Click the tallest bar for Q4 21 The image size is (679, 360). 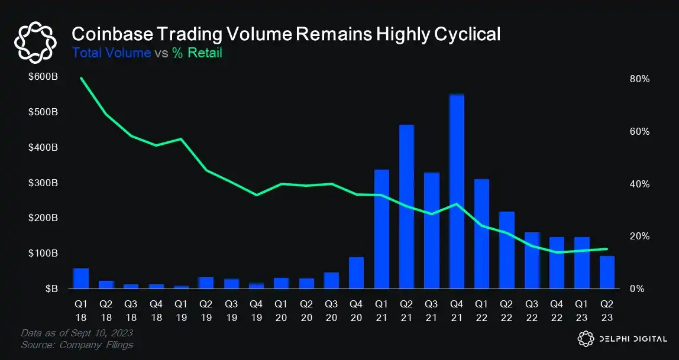pos(457,192)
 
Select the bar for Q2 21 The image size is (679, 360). pos(406,207)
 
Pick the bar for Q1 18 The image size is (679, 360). pos(80,278)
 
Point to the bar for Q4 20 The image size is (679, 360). pos(356,273)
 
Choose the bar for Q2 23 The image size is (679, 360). pos(607,273)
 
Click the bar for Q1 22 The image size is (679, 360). pos(481,234)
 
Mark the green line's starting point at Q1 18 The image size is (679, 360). pos(80,78)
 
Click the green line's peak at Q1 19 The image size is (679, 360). pos(181,139)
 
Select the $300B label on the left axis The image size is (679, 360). pos(44,184)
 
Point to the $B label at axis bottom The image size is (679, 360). pos(50,289)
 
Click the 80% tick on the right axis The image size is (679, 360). pos(640,79)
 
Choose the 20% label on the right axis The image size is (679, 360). pos(640,236)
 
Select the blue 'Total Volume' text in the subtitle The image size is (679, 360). pos(111,53)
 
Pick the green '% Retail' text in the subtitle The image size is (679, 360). pos(197,53)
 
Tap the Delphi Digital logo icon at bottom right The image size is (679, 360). pos(585,339)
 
